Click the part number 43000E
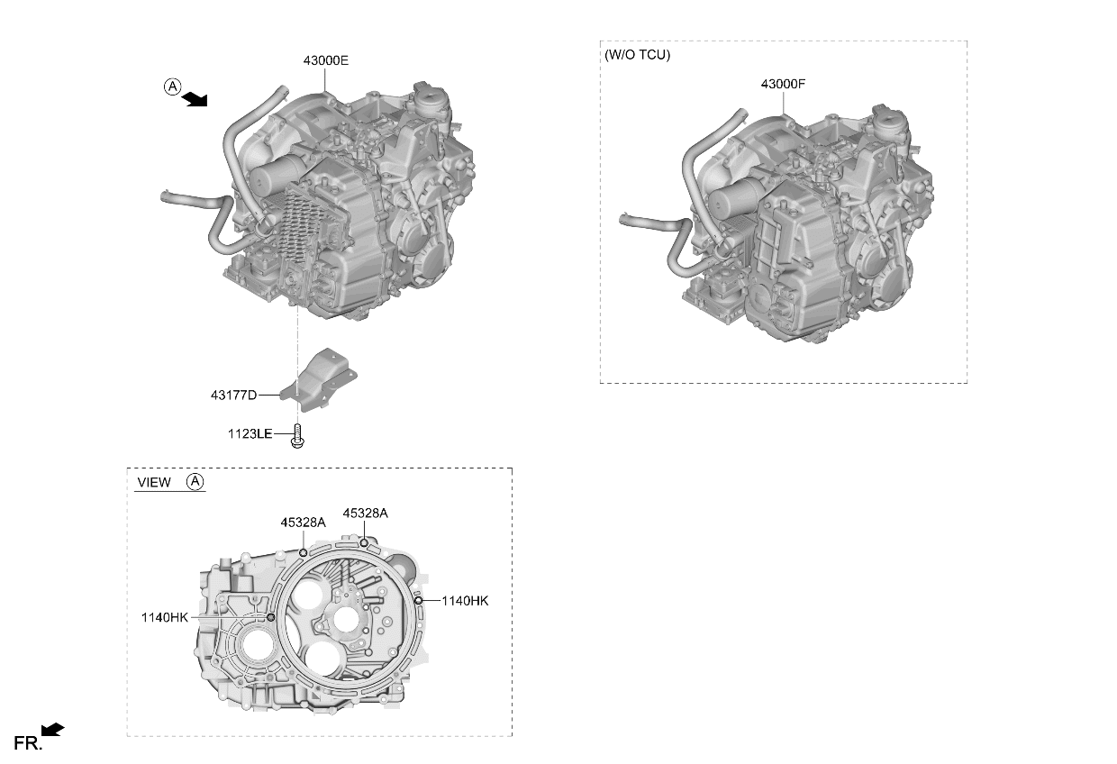click(325, 60)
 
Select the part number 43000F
click(783, 84)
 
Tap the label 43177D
click(233, 395)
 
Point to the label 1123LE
click(250, 434)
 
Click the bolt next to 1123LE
click(297, 436)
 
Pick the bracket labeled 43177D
click(319, 380)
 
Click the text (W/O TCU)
click(637, 54)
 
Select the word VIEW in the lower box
click(154, 482)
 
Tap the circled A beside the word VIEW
click(195, 481)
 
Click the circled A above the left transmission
click(173, 86)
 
